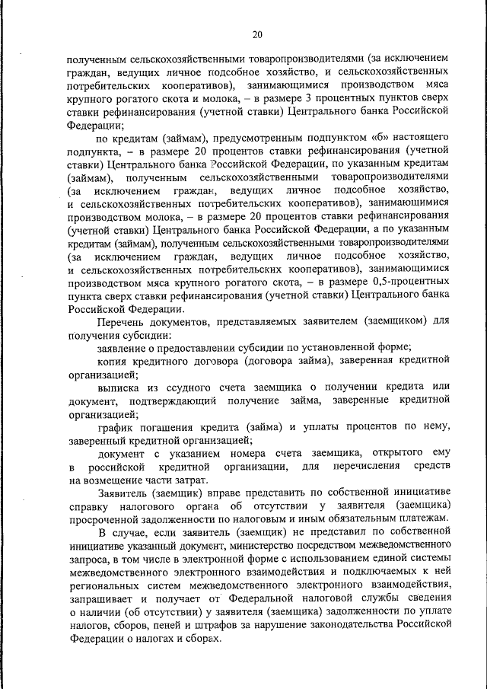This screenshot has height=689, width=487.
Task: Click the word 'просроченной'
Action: coord(103,518)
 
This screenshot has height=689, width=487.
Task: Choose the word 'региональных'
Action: coord(104,583)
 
